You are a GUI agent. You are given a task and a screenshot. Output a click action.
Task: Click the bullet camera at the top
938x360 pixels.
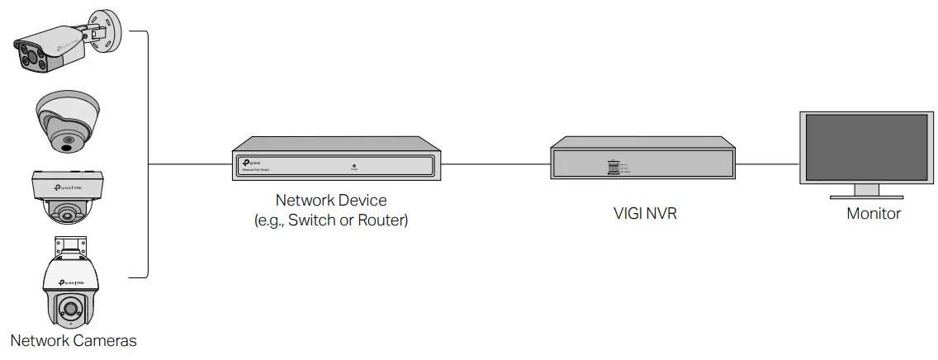pos(54,50)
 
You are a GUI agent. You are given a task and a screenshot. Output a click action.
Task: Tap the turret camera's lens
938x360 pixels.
pos(65,144)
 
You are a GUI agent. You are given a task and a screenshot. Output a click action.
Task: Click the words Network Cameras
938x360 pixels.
pos(73,340)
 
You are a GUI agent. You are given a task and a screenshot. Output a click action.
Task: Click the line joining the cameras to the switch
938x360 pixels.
pos(190,163)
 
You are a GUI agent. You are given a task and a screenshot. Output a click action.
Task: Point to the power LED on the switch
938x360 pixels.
pos(353,165)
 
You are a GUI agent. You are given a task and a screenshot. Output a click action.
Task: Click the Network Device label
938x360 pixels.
pos(330,201)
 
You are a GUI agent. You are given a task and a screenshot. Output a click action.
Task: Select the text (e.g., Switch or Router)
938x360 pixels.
pos(331,220)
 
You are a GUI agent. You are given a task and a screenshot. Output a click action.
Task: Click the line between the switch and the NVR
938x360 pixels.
pos(495,164)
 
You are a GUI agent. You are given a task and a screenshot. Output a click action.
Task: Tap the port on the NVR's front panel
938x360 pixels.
pos(613,167)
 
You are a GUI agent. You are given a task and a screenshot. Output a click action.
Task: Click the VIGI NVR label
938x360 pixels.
pos(641,213)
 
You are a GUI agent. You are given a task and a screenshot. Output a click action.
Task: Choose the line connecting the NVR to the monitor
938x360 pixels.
pos(766,163)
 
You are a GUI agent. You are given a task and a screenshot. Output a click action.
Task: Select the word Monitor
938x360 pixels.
pos(874,214)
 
